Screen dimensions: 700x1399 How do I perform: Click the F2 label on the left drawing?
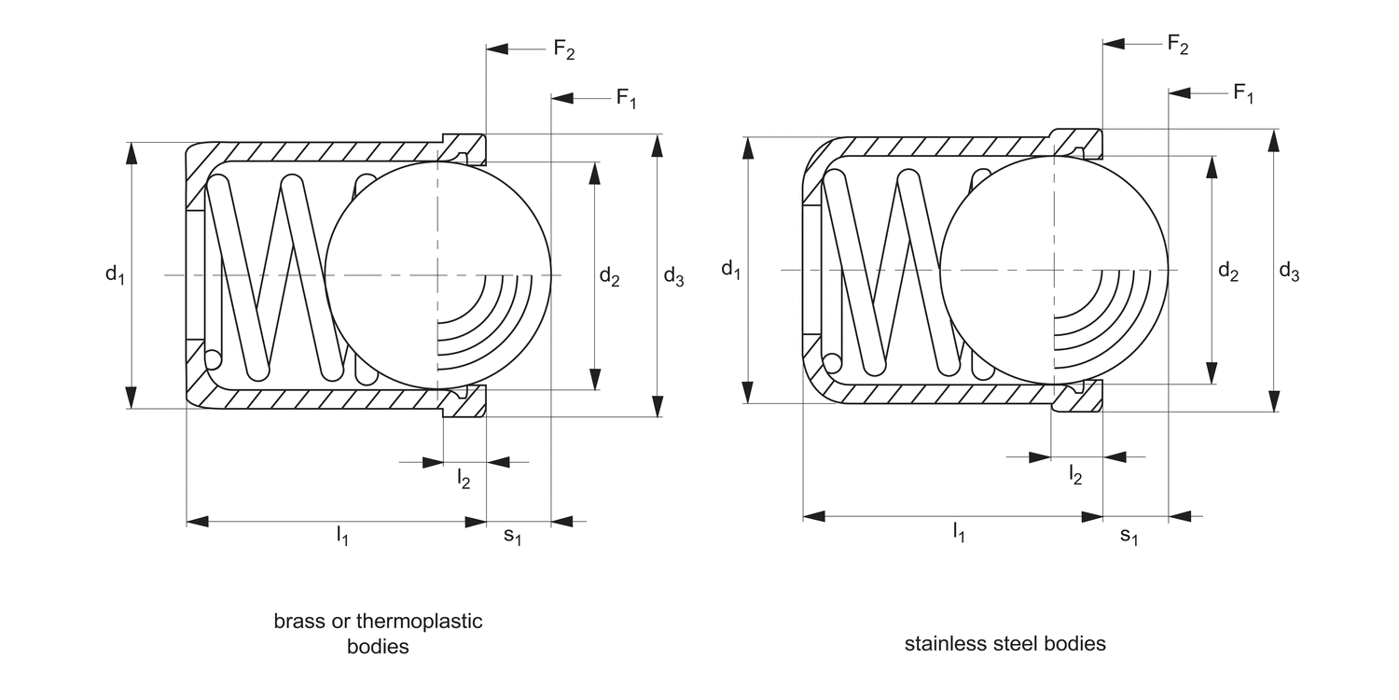pyautogui.click(x=563, y=49)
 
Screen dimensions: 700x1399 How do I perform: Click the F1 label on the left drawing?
pyautogui.click(x=626, y=98)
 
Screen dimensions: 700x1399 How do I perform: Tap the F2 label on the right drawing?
pyautogui.click(x=1178, y=44)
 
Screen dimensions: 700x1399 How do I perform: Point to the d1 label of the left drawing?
pyautogui.click(x=115, y=274)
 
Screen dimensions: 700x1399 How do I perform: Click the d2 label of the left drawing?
pyautogui.click(x=609, y=276)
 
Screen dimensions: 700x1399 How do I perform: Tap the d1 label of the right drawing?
pyautogui.click(x=731, y=271)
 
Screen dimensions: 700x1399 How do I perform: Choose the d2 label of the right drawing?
pyautogui.click(x=1228, y=273)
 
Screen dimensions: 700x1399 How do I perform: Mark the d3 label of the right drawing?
pyautogui.click(x=1290, y=272)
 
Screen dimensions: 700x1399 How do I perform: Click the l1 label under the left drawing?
pyautogui.click(x=342, y=535)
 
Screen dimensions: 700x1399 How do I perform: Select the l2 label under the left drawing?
pyautogui.click(x=464, y=480)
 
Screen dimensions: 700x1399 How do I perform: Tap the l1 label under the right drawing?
pyautogui.click(x=958, y=532)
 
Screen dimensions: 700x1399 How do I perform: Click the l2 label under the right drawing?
pyautogui.click(x=1075, y=474)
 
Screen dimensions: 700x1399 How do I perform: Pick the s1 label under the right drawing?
pyautogui.click(x=1129, y=535)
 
